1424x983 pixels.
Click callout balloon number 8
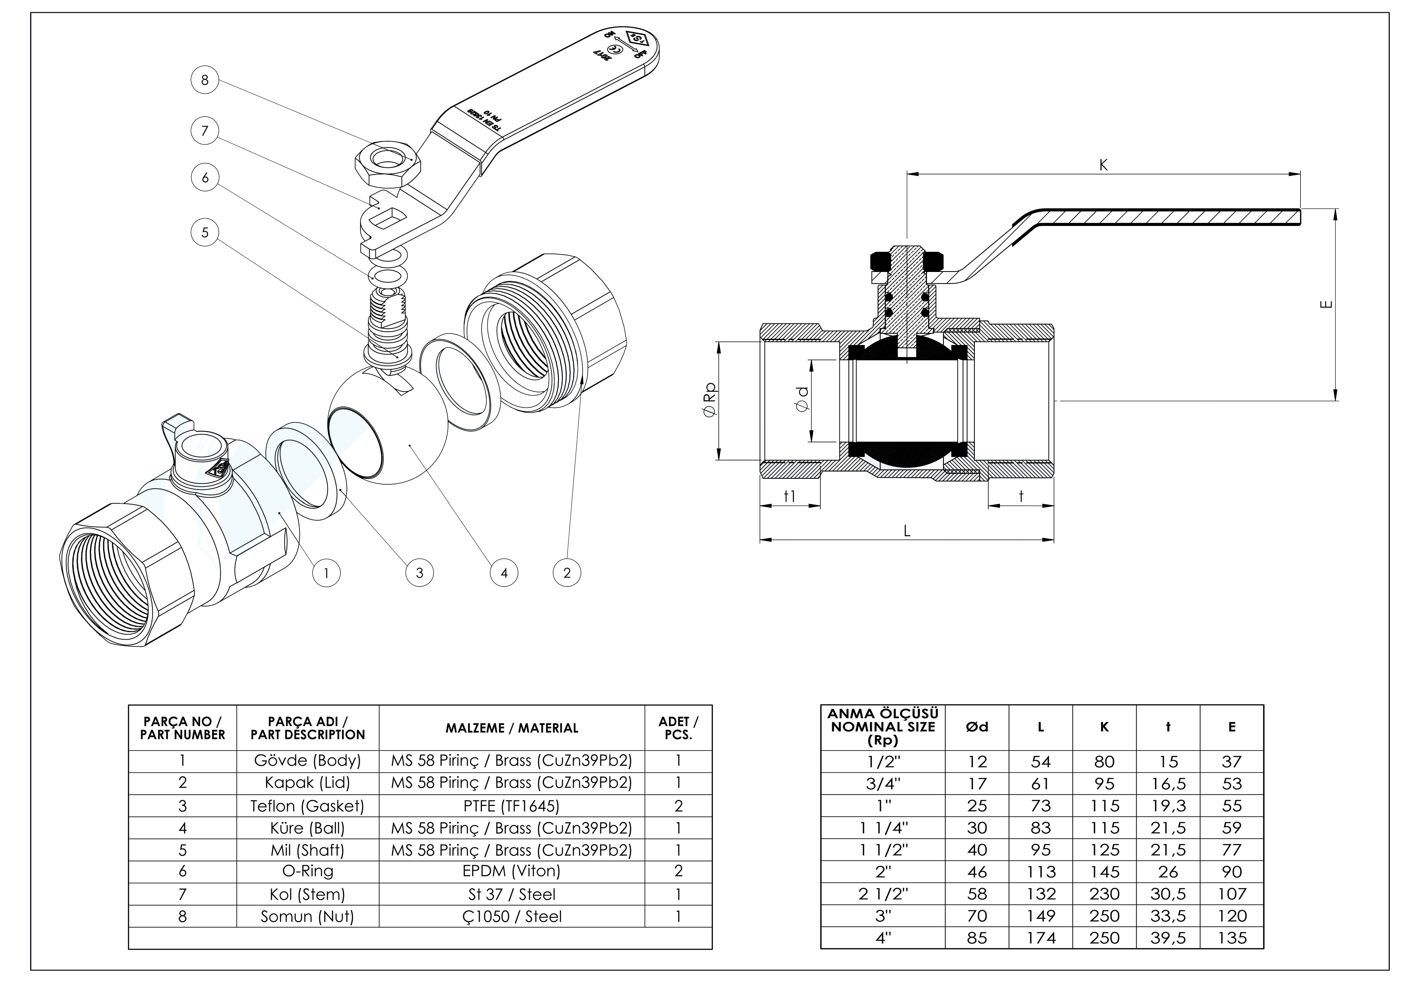pyautogui.click(x=205, y=80)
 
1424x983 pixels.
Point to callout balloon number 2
pyautogui.click(x=567, y=573)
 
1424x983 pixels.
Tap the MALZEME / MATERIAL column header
pyautogui.click(x=512, y=728)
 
